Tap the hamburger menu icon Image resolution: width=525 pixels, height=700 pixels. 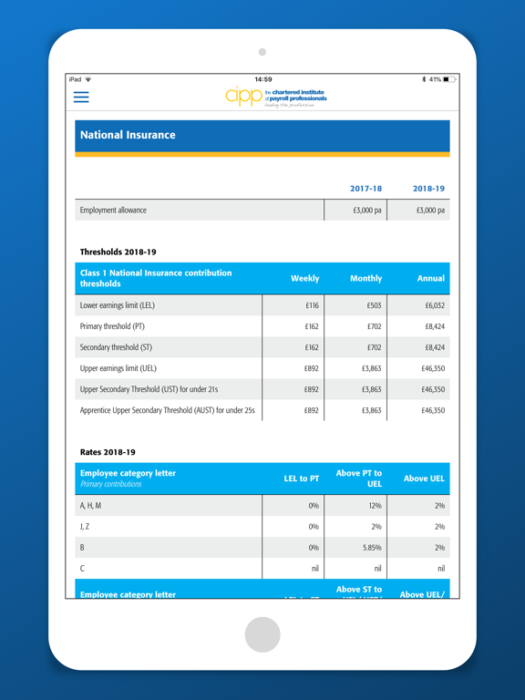(x=81, y=97)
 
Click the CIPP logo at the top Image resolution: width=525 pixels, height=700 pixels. (x=275, y=97)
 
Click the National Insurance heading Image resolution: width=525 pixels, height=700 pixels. (x=128, y=135)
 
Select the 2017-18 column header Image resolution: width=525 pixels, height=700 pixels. (x=365, y=189)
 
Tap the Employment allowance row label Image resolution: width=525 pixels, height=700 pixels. (x=113, y=211)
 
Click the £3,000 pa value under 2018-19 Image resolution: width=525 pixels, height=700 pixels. (x=430, y=211)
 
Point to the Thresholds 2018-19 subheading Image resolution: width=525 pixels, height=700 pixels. (x=118, y=252)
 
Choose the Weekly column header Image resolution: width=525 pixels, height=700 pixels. (x=304, y=278)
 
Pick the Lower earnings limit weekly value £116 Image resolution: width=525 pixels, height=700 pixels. (x=312, y=306)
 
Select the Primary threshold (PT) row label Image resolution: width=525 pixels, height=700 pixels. (x=112, y=326)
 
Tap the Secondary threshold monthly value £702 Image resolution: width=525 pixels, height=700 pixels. (x=374, y=347)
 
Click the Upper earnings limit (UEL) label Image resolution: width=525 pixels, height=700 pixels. (x=118, y=368)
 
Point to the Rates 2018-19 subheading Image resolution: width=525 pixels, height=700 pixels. (x=108, y=451)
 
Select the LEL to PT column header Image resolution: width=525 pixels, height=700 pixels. (x=301, y=479)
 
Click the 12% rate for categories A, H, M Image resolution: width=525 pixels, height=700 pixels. (x=374, y=506)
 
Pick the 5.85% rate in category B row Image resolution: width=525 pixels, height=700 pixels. (x=371, y=548)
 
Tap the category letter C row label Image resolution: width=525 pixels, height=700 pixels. (x=83, y=569)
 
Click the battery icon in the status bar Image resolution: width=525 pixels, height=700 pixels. (x=449, y=79)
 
